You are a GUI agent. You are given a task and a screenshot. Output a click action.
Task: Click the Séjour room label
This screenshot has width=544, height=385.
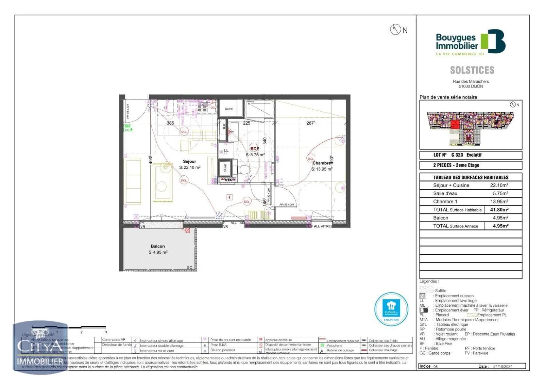pyautogui.click(x=189, y=162)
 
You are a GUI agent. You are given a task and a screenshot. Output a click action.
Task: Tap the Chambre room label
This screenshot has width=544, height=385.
pyautogui.click(x=321, y=163)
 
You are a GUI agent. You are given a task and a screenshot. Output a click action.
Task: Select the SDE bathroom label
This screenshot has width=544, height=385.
pyautogui.click(x=255, y=149)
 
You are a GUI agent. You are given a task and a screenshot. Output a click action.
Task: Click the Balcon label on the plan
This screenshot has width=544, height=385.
pyautogui.click(x=158, y=246)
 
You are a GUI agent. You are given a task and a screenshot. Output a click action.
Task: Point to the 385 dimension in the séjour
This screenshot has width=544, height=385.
pyautogui.click(x=170, y=123)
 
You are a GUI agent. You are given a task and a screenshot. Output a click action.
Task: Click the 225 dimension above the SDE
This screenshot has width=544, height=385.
pyautogui.click(x=247, y=123)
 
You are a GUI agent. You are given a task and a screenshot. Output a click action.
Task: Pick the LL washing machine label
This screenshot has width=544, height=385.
pyautogui.click(x=226, y=150)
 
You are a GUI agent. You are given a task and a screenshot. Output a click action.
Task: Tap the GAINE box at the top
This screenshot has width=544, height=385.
pyautogui.click(x=229, y=109)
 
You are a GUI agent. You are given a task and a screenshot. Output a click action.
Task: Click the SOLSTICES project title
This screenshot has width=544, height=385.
pyautogui.click(x=472, y=70)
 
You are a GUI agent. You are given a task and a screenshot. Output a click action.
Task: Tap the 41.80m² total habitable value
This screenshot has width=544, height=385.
pyautogui.click(x=499, y=210)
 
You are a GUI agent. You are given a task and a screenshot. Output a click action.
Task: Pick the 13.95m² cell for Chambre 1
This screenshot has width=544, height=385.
pyautogui.click(x=499, y=202)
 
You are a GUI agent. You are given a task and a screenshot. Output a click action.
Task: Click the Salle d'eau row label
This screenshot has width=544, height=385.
pyautogui.click(x=445, y=194)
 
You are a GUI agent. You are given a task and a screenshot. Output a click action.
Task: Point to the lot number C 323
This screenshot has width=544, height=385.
pyautogui.click(x=457, y=155)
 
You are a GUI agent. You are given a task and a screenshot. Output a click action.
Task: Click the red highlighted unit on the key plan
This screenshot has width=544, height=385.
pyautogui.click(x=455, y=124)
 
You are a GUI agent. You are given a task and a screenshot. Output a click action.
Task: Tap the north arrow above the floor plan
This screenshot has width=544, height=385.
pyautogui.click(x=395, y=30)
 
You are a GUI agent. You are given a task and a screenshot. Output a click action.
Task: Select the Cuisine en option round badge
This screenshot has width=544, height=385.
pyautogui.click(x=391, y=309)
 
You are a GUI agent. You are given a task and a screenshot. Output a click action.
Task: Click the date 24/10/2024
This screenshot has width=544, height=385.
pyautogui.click(x=503, y=367)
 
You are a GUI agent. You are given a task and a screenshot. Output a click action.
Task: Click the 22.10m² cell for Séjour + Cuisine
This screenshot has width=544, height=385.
pyautogui.click(x=499, y=186)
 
